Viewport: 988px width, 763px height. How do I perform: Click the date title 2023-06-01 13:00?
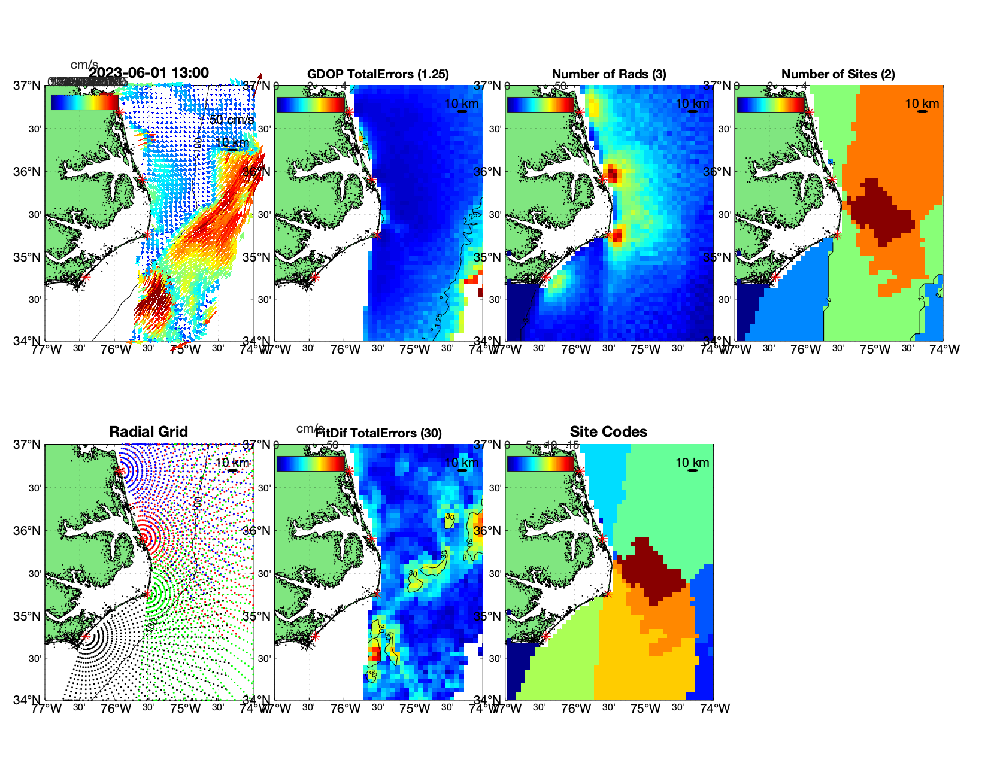[149, 73]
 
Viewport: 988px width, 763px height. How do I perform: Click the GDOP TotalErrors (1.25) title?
[378, 74]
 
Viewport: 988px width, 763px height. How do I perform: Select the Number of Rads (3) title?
[609, 74]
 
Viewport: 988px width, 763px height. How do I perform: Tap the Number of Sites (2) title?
[838, 74]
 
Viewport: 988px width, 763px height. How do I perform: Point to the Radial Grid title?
[148, 432]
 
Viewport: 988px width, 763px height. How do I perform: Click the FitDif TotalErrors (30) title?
[378, 433]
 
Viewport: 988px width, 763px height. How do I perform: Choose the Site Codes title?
[608, 432]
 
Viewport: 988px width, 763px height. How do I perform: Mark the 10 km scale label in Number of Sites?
[922, 104]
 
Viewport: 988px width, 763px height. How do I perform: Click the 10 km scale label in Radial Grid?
[232, 463]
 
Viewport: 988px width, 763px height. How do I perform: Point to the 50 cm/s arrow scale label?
[232, 120]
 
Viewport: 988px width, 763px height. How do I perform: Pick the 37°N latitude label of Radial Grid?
[28, 445]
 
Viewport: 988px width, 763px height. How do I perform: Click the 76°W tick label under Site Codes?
[576, 709]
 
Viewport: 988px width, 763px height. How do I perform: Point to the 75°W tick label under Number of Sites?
[875, 349]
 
